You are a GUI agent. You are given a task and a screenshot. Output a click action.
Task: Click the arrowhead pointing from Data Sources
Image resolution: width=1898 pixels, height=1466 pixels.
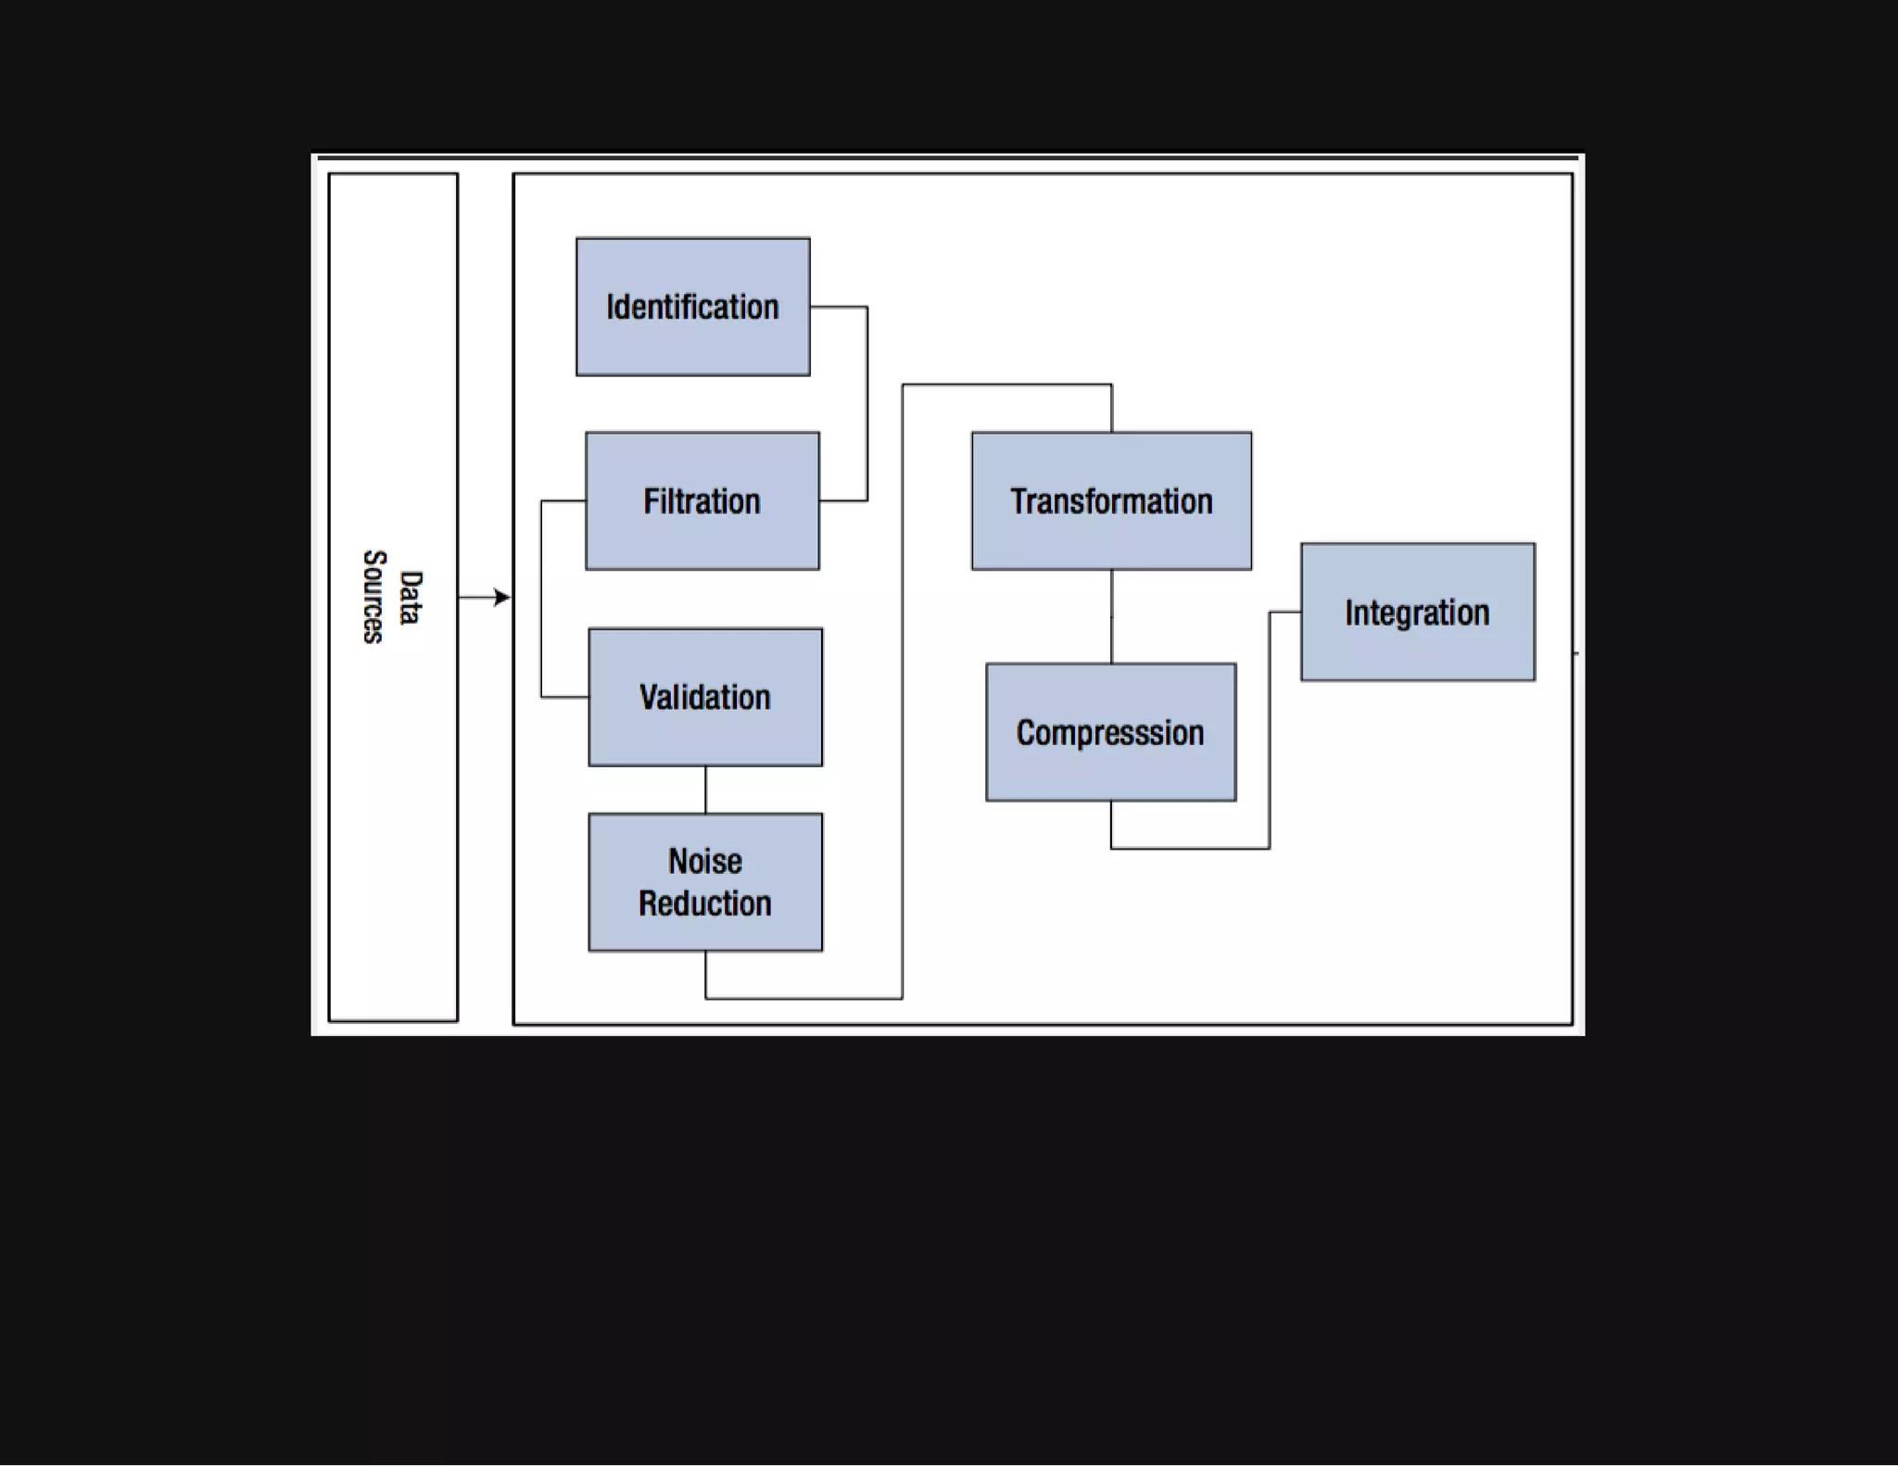coord(501,598)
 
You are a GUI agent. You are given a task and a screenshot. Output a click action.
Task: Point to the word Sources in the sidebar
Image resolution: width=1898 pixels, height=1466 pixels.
coord(373,597)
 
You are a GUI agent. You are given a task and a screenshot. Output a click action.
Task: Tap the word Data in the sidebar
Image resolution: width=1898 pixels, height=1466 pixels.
coord(411,598)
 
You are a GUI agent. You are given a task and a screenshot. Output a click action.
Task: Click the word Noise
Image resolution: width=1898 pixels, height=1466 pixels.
coord(704,862)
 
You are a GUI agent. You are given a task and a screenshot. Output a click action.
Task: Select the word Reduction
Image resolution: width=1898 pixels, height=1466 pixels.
coord(704,904)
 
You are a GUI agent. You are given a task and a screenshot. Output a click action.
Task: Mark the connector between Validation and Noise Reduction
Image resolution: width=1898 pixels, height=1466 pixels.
coord(705,790)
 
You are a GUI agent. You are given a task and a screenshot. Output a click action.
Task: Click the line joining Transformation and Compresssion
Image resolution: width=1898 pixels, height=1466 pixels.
coord(1111,616)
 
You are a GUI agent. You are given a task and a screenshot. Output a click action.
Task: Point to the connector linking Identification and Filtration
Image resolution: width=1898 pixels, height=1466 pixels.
coord(867,403)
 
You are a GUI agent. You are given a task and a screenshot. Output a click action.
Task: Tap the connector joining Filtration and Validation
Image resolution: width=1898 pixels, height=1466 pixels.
coord(541,599)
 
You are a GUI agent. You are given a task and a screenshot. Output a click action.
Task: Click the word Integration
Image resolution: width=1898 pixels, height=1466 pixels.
coord(1417,613)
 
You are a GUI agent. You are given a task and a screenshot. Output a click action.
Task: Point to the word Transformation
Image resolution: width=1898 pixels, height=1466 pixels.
coord(1111,502)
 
